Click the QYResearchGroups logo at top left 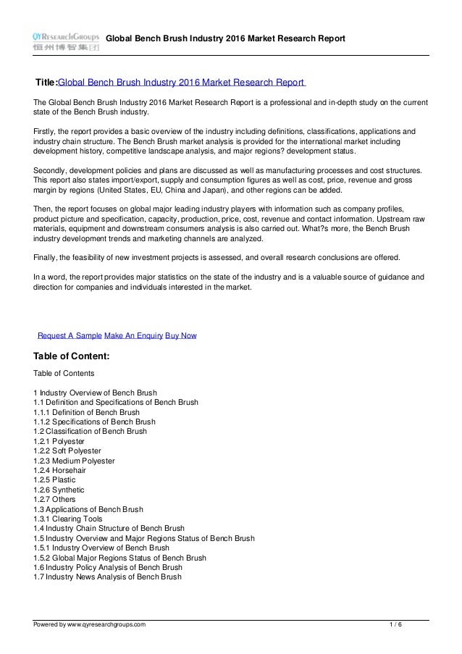point(66,41)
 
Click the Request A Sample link point(70,336)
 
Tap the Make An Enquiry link point(133,336)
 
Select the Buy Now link point(180,336)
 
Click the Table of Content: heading point(72,356)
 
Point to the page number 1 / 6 point(395,624)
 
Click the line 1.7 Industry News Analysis point(107,577)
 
